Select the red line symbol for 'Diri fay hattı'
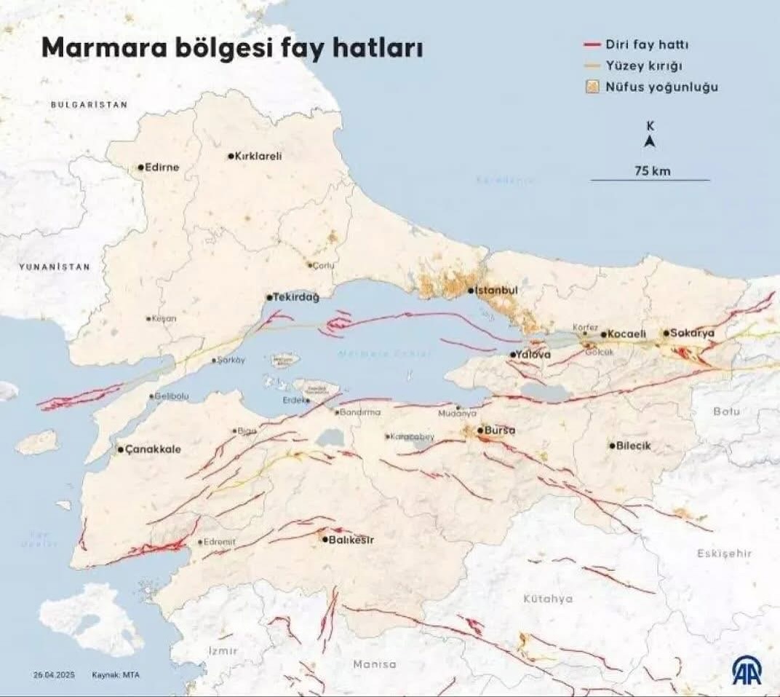tap(592, 45)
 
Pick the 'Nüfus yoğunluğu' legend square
tap(592, 87)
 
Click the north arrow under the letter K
tap(650, 142)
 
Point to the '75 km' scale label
tap(652, 171)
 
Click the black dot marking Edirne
tap(141, 167)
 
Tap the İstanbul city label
tap(497, 291)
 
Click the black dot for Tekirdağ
tap(269, 297)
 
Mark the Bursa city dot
tap(480, 430)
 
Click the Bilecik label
tap(634, 445)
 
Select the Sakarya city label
tap(693, 333)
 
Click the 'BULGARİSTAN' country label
tap(89, 105)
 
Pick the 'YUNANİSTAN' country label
tap(55, 267)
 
